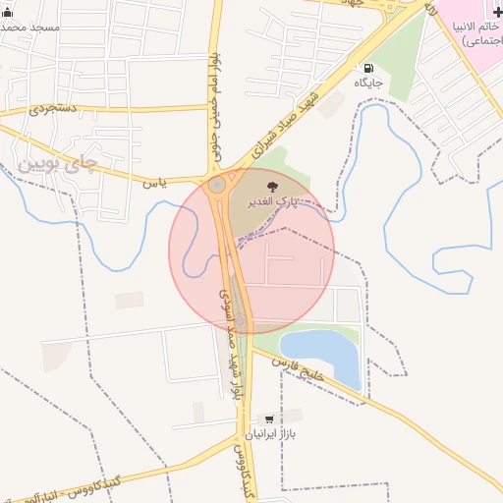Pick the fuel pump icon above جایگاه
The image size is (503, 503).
point(368,69)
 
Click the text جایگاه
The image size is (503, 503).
point(368,84)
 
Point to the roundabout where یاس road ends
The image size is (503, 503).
point(217,185)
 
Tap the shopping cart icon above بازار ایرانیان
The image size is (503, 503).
point(268,419)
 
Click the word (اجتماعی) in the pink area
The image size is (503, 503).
point(481,41)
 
